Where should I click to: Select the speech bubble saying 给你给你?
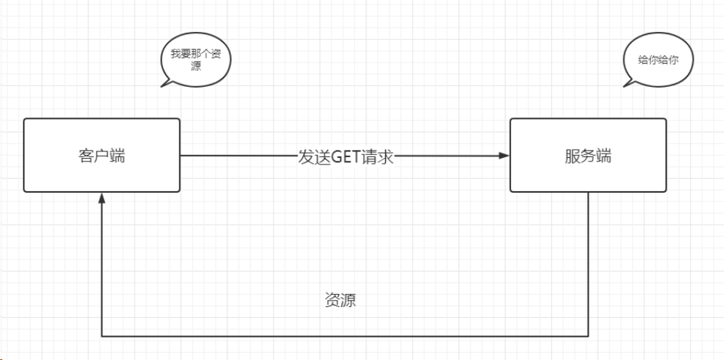pos(658,61)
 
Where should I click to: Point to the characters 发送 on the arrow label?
pos(313,156)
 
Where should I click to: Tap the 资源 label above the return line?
pos(340,301)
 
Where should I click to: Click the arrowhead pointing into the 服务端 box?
pos(505,156)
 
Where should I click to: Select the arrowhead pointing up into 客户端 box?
pos(102,198)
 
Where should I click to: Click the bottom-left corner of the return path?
pos(102,336)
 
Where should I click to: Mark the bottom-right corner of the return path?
pos(588,336)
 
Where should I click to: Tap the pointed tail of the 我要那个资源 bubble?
pos(164,85)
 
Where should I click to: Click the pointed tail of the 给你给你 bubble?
pos(627,85)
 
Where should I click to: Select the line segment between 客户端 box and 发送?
pos(239,156)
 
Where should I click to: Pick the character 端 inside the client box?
pos(117,156)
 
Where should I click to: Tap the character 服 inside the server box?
pos(572,156)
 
